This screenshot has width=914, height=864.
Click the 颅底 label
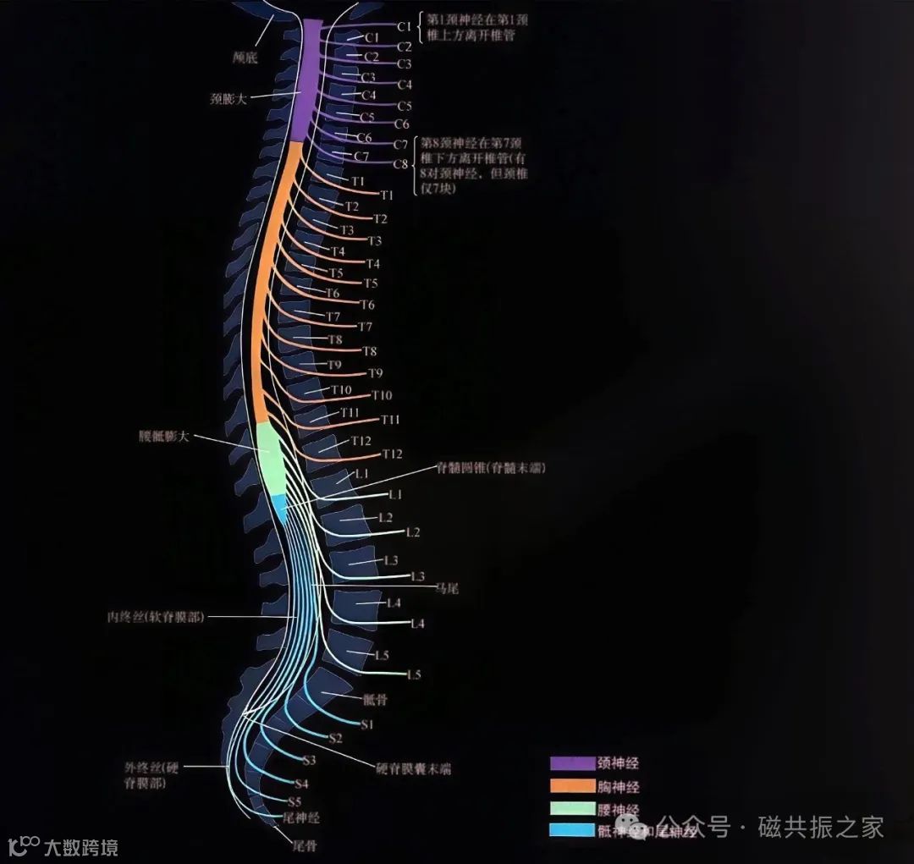pos(245,58)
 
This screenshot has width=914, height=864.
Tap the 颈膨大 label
pos(228,98)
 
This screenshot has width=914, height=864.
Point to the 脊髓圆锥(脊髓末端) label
pos(485,467)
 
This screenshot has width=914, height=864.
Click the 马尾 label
pos(446,587)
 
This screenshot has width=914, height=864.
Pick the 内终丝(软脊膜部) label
pos(151,617)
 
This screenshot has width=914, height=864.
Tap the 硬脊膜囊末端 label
pos(413,769)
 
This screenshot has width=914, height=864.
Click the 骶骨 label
pos(375,700)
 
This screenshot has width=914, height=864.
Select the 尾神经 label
pos(302,818)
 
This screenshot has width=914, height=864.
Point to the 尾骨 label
pos(304,845)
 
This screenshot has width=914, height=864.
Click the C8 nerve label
pos(401,163)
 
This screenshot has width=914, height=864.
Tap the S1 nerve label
pos(367,725)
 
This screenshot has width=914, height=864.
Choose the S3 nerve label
pos(309,760)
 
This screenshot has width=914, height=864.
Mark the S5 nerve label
pos(295,801)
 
